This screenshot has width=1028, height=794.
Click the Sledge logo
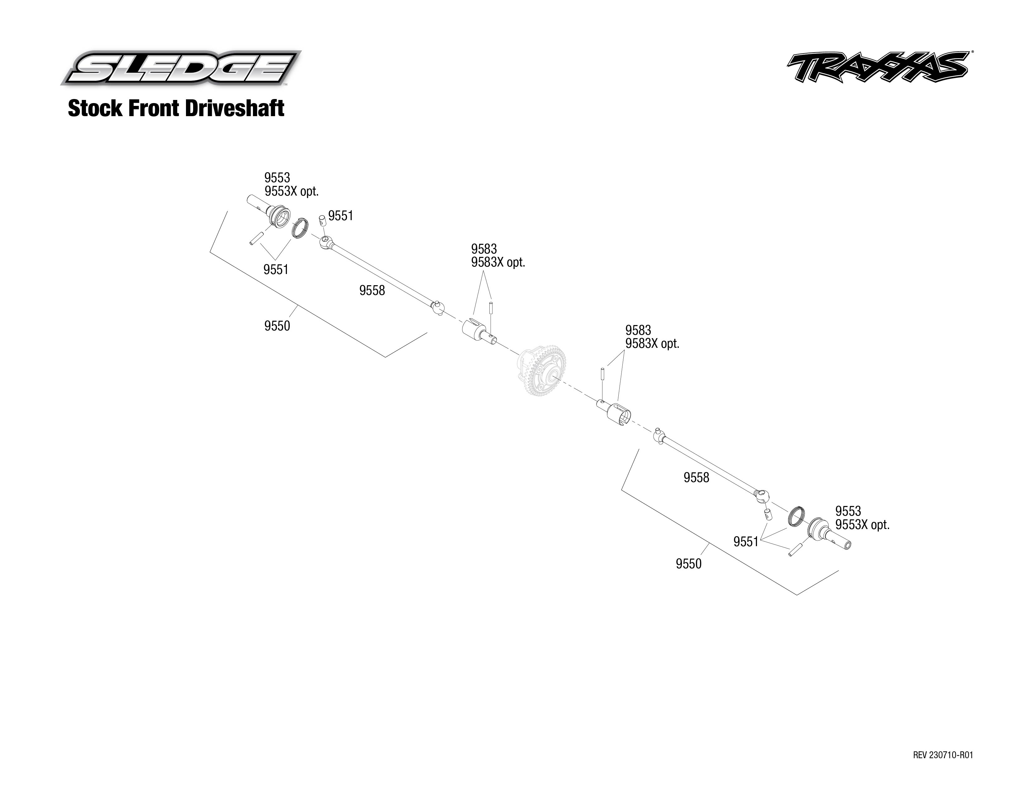(x=181, y=68)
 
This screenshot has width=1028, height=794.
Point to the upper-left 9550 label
(x=277, y=325)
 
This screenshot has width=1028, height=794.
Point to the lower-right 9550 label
(x=688, y=564)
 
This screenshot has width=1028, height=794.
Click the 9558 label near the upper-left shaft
(x=372, y=290)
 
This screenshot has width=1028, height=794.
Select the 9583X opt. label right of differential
(x=652, y=343)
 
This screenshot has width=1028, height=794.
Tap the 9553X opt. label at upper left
(x=291, y=191)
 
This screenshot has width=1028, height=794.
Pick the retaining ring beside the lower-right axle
(x=796, y=517)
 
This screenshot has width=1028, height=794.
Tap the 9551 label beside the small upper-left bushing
(x=340, y=215)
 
